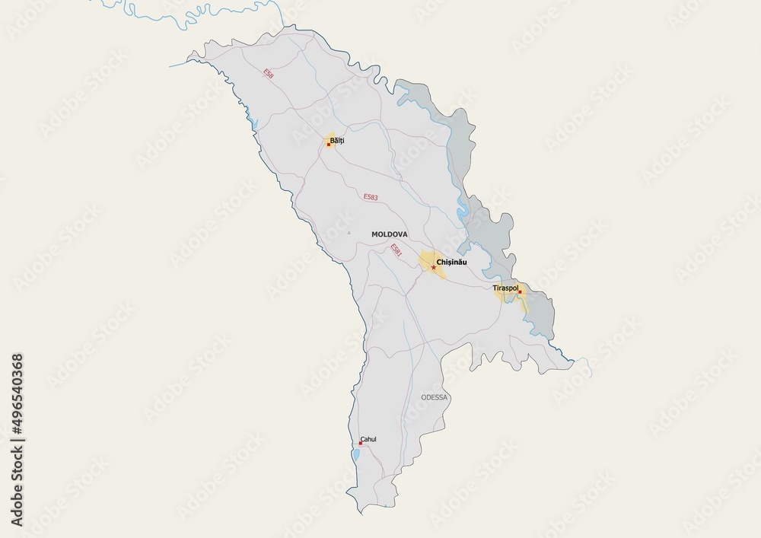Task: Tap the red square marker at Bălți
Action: point(328,144)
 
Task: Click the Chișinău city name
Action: point(451,263)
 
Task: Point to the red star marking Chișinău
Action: point(433,267)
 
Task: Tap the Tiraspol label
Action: point(505,289)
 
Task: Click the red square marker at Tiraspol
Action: point(520,292)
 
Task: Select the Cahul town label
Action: point(368,439)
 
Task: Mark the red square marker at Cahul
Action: point(360,443)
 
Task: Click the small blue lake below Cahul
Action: point(355,457)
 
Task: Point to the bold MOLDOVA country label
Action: point(390,234)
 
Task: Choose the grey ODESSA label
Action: point(435,397)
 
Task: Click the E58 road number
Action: point(268,74)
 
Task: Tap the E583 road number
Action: point(371,197)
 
